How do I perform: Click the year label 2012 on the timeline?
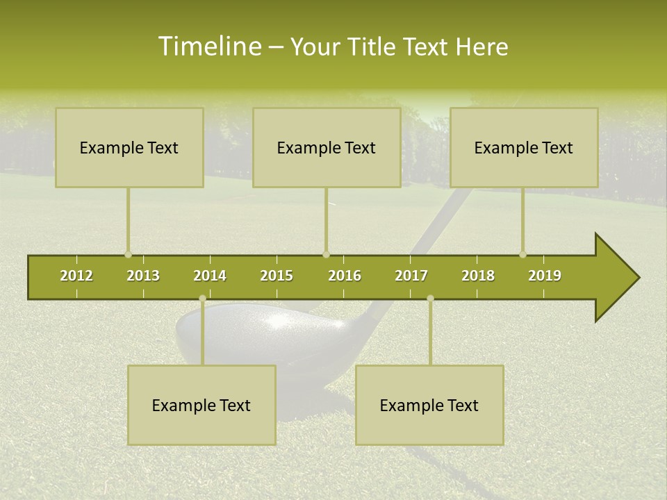[76, 276]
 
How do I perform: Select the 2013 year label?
[143, 276]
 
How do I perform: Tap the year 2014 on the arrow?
[210, 276]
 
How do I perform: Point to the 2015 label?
[277, 276]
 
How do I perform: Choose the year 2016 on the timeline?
[345, 276]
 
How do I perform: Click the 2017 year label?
[411, 276]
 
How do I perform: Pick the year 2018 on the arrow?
[478, 276]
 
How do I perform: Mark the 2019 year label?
[545, 276]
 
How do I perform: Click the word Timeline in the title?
[208, 47]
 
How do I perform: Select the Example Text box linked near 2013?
[129, 148]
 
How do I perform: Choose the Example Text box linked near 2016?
[327, 148]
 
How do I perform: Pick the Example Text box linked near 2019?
[524, 148]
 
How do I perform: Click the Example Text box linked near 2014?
[201, 406]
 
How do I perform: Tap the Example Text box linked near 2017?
[429, 406]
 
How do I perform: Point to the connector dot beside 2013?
[128, 255]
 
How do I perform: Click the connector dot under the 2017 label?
[430, 299]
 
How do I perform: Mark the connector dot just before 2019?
[522, 255]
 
